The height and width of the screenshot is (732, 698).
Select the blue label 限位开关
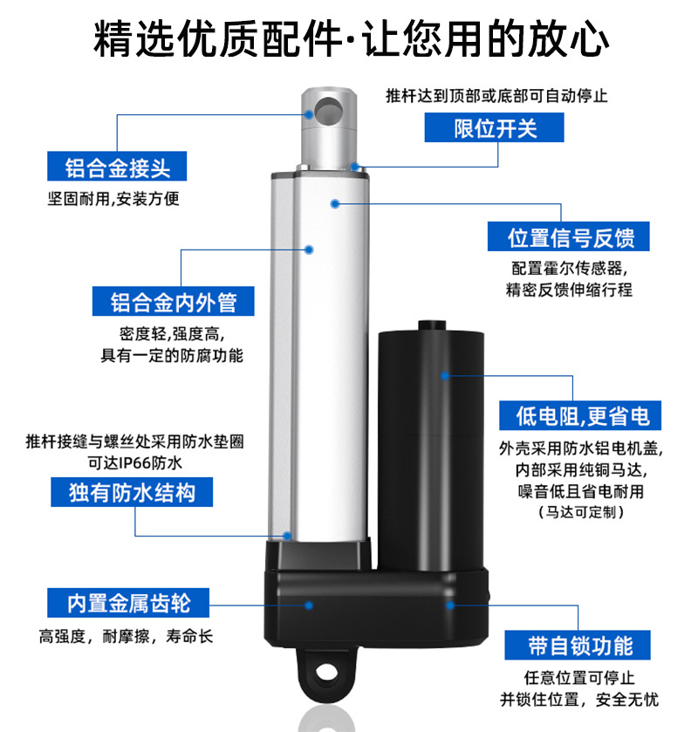point(495,129)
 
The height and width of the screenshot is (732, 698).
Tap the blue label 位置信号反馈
point(571,237)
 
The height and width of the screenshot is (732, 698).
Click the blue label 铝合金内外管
point(174,302)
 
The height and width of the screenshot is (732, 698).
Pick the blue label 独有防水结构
point(132,493)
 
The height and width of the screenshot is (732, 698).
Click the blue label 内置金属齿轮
point(127,603)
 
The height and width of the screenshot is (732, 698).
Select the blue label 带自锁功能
point(580,646)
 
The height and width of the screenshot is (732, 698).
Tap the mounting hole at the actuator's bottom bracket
point(328,672)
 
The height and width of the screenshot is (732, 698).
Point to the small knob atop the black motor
point(430,325)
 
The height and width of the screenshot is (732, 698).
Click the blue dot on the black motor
point(445,376)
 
